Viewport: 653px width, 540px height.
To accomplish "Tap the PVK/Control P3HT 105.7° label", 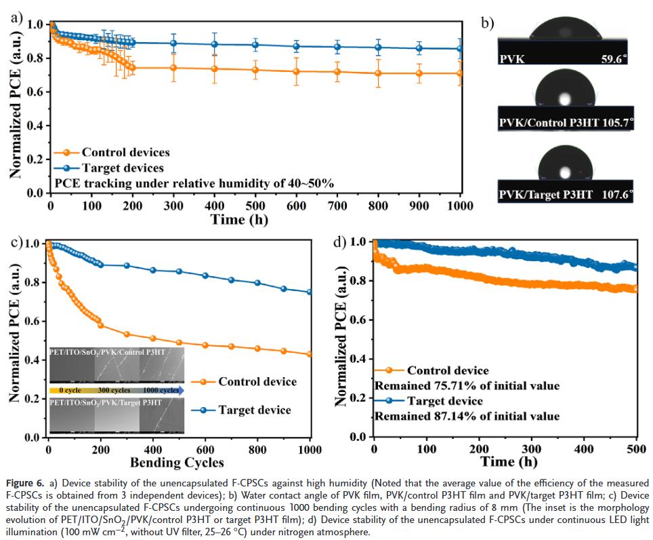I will [566, 124].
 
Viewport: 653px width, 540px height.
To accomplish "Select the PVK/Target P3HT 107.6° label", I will [566, 195].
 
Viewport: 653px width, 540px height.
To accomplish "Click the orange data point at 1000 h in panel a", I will [460, 73].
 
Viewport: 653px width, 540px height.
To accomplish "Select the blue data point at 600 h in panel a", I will [296, 46].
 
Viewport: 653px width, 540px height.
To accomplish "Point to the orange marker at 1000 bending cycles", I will [310, 354].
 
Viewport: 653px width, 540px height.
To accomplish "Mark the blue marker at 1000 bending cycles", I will [310, 292].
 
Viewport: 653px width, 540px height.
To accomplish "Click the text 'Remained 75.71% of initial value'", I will [467, 386].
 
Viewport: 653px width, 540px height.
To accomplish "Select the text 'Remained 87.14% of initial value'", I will [467, 416].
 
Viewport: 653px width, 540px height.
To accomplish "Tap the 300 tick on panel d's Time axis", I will [532, 449].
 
